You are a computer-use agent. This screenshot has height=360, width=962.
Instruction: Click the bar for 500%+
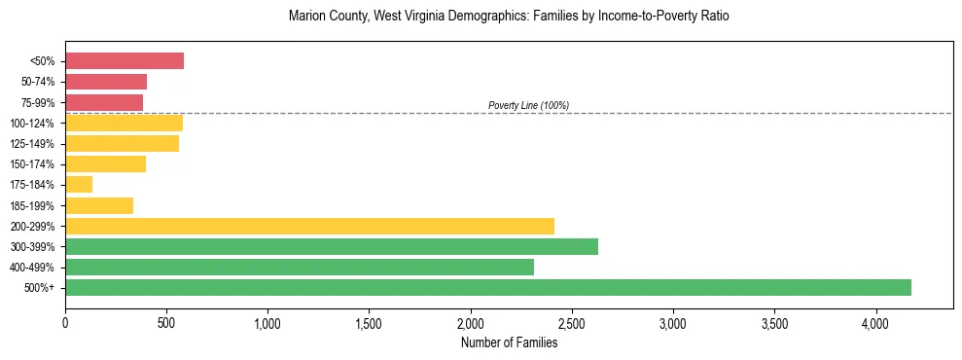[x=488, y=287]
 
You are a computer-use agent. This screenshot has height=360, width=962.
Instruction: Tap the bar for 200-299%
[x=309, y=226]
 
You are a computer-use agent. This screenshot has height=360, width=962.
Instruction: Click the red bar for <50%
[x=125, y=61]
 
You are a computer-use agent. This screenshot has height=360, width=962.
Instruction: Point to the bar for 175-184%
[x=79, y=185]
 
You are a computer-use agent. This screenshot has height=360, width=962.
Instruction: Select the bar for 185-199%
[x=99, y=205]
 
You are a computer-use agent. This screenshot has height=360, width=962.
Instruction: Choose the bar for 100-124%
[x=124, y=123]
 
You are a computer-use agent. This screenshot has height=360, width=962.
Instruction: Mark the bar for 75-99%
[x=104, y=102]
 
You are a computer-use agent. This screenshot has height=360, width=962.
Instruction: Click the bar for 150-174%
[x=105, y=164]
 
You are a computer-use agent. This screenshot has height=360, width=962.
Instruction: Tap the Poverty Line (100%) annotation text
[x=528, y=105]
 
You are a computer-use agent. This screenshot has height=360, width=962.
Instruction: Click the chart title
[x=509, y=17]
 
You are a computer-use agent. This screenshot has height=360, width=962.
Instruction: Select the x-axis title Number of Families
[x=509, y=342]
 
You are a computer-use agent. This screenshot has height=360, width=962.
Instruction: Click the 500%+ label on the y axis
[x=41, y=288]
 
